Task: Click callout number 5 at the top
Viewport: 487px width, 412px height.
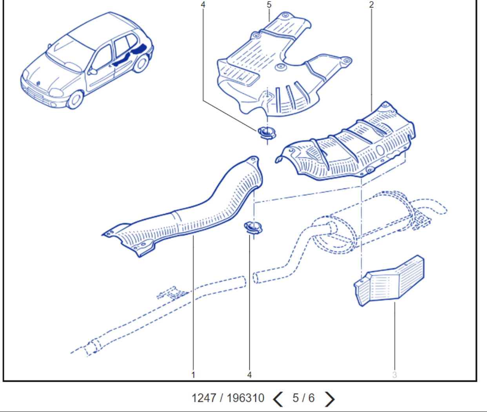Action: (x=269, y=5)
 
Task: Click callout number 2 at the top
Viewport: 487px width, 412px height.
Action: (x=371, y=5)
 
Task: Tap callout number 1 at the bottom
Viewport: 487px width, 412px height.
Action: (x=193, y=375)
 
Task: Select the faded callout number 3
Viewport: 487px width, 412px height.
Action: (x=394, y=375)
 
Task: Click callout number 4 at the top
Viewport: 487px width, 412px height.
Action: (x=203, y=5)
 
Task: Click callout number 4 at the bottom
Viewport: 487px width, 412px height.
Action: (x=249, y=375)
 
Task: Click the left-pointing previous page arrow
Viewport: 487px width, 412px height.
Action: (x=278, y=399)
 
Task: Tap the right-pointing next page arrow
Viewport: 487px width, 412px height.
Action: (x=330, y=399)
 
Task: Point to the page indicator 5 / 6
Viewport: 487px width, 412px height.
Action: (x=303, y=398)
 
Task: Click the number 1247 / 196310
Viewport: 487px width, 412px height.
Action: (x=228, y=398)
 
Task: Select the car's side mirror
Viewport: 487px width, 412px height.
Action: (x=93, y=72)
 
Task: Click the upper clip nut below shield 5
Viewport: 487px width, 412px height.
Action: (x=267, y=132)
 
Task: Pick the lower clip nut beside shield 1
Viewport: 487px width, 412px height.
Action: (x=253, y=228)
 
